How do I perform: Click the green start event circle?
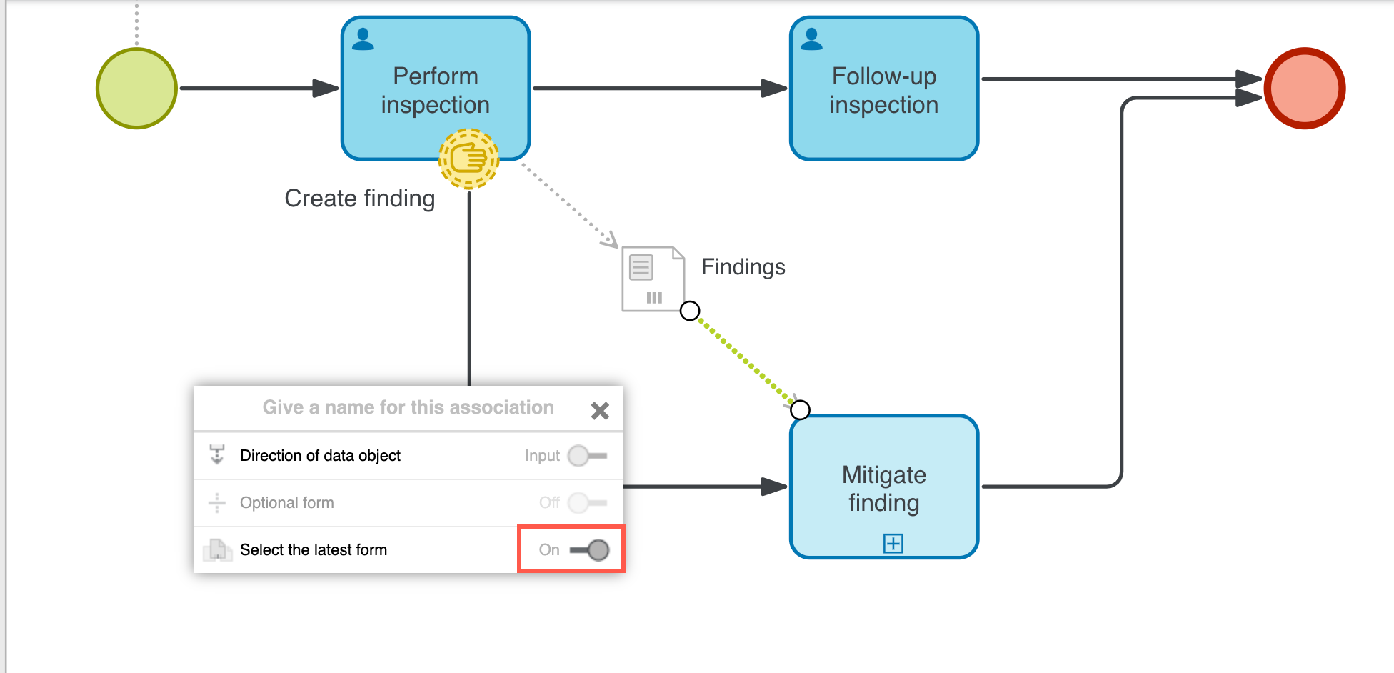coord(136,89)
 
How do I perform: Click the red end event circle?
coord(1305,89)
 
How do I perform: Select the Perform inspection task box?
coord(436,79)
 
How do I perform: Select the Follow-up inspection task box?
coord(884,89)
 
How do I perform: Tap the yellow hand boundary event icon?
coord(469,159)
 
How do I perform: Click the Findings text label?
coord(743,267)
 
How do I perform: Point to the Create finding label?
coord(359,199)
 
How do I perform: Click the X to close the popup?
coord(600,410)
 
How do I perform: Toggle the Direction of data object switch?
coord(588,456)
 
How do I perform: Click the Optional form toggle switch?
coord(588,503)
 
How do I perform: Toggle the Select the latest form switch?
coord(589,550)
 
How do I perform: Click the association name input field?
coord(408,407)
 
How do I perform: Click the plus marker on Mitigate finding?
coord(893,544)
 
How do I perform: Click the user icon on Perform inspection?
coord(363,39)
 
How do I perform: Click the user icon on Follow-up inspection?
coord(811,39)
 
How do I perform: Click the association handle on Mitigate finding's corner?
coord(801,410)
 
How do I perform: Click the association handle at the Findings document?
coord(690,311)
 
